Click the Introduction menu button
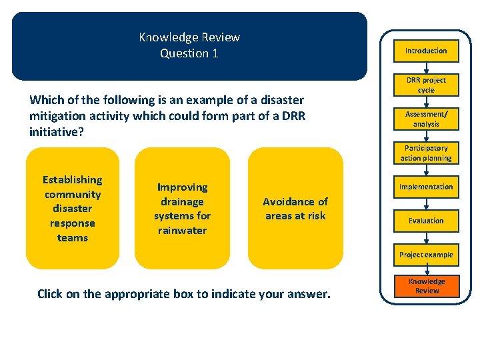[426, 51]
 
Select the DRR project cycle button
[426, 85]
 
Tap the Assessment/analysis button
[426, 119]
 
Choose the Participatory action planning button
[426, 153]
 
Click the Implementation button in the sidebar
[426, 187]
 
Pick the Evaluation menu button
[426, 221]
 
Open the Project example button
[426, 255]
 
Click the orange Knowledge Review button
[427, 286]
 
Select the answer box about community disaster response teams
[73, 209]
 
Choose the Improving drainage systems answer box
[182, 209]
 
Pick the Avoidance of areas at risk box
[295, 209]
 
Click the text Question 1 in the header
[189, 53]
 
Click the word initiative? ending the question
[55, 132]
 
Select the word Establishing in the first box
[73, 180]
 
